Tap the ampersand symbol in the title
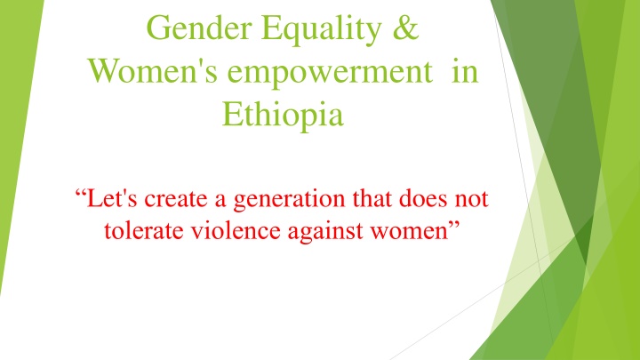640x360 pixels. coord(405,28)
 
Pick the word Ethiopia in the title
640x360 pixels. coord(283,115)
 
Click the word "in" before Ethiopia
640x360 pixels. coord(465,71)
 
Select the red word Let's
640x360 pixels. coord(111,198)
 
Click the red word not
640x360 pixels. coord(472,199)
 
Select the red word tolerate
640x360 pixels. coord(144,230)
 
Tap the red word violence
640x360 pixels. coord(236,230)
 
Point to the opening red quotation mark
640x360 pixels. coord(80,193)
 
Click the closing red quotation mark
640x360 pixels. coord(454,225)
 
